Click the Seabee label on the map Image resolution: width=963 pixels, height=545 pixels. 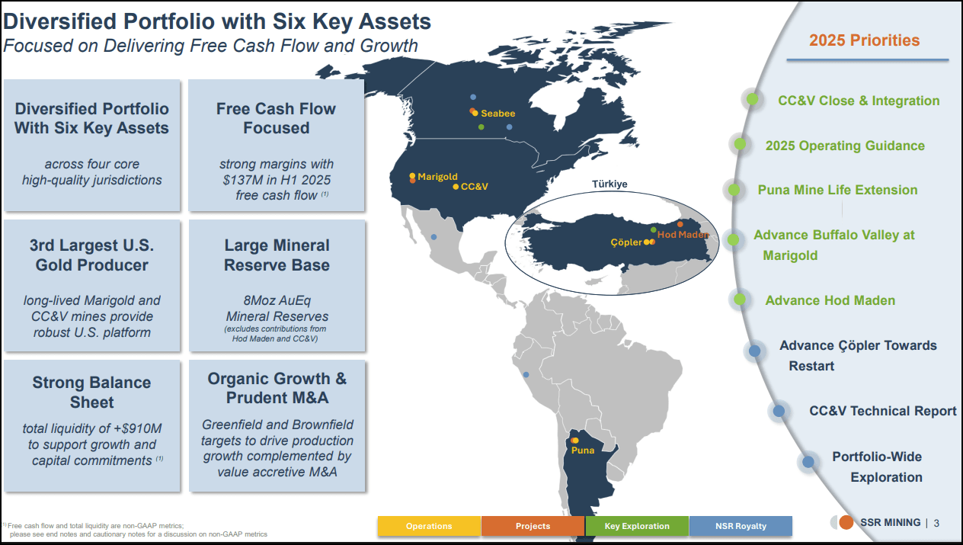[x=497, y=114]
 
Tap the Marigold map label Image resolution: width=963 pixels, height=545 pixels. [x=437, y=177]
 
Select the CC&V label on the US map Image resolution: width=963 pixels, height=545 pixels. [x=474, y=186]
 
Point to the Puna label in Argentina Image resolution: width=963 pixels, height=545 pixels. [x=583, y=450]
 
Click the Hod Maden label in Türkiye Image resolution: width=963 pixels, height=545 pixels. [x=682, y=235]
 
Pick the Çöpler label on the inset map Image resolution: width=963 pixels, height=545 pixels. [x=625, y=242]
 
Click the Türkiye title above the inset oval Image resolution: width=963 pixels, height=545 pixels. [x=609, y=184]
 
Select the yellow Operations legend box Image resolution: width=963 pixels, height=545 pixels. [x=429, y=526]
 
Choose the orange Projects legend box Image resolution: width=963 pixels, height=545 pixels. [x=533, y=526]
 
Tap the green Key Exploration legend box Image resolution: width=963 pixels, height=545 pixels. [x=637, y=526]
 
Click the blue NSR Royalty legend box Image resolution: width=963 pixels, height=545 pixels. [x=741, y=526]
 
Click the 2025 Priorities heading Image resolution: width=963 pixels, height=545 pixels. [x=864, y=40]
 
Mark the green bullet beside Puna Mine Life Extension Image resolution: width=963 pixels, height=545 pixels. [x=734, y=190]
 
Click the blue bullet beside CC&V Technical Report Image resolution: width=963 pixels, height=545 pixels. [x=779, y=411]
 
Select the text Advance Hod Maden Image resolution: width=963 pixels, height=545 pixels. [x=830, y=300]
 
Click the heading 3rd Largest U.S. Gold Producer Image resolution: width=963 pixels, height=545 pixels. [x=91, y=255]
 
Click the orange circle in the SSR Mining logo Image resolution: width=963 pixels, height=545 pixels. [x=846, y=523]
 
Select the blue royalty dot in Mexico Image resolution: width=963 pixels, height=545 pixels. [x=434, y=237]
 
